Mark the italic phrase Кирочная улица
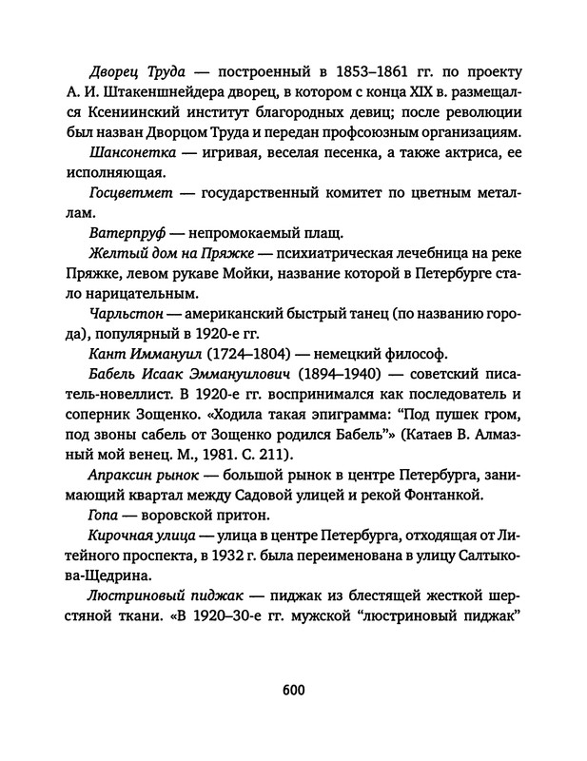(x=141, y=535)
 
